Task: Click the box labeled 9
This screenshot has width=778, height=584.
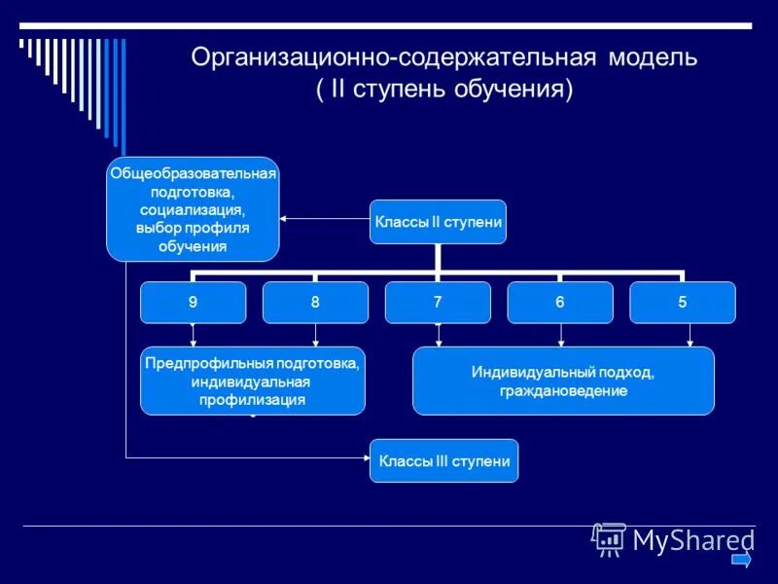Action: coord(193,302)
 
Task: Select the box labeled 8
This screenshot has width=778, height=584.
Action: coord(315,302)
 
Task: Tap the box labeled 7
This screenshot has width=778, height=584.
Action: coord(438,302)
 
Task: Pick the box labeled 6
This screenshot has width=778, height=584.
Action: coord(560,302)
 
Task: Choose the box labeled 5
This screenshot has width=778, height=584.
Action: coord(683,302)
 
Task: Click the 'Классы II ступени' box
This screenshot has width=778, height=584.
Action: coord(439,222)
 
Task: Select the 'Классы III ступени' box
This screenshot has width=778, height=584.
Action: coord(444,461)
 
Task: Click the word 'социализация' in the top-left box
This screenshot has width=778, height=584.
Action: coord(192,209)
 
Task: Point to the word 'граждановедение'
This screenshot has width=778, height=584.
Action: coord(563,390)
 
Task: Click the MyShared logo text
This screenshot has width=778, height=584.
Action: coord(693,539)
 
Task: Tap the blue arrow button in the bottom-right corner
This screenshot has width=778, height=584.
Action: coord(741,560)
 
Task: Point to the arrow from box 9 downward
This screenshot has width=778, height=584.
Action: coord(194,335)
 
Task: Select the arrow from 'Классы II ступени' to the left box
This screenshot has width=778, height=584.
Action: coord(325,218)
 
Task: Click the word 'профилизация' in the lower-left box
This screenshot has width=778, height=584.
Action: coord(253,399)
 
